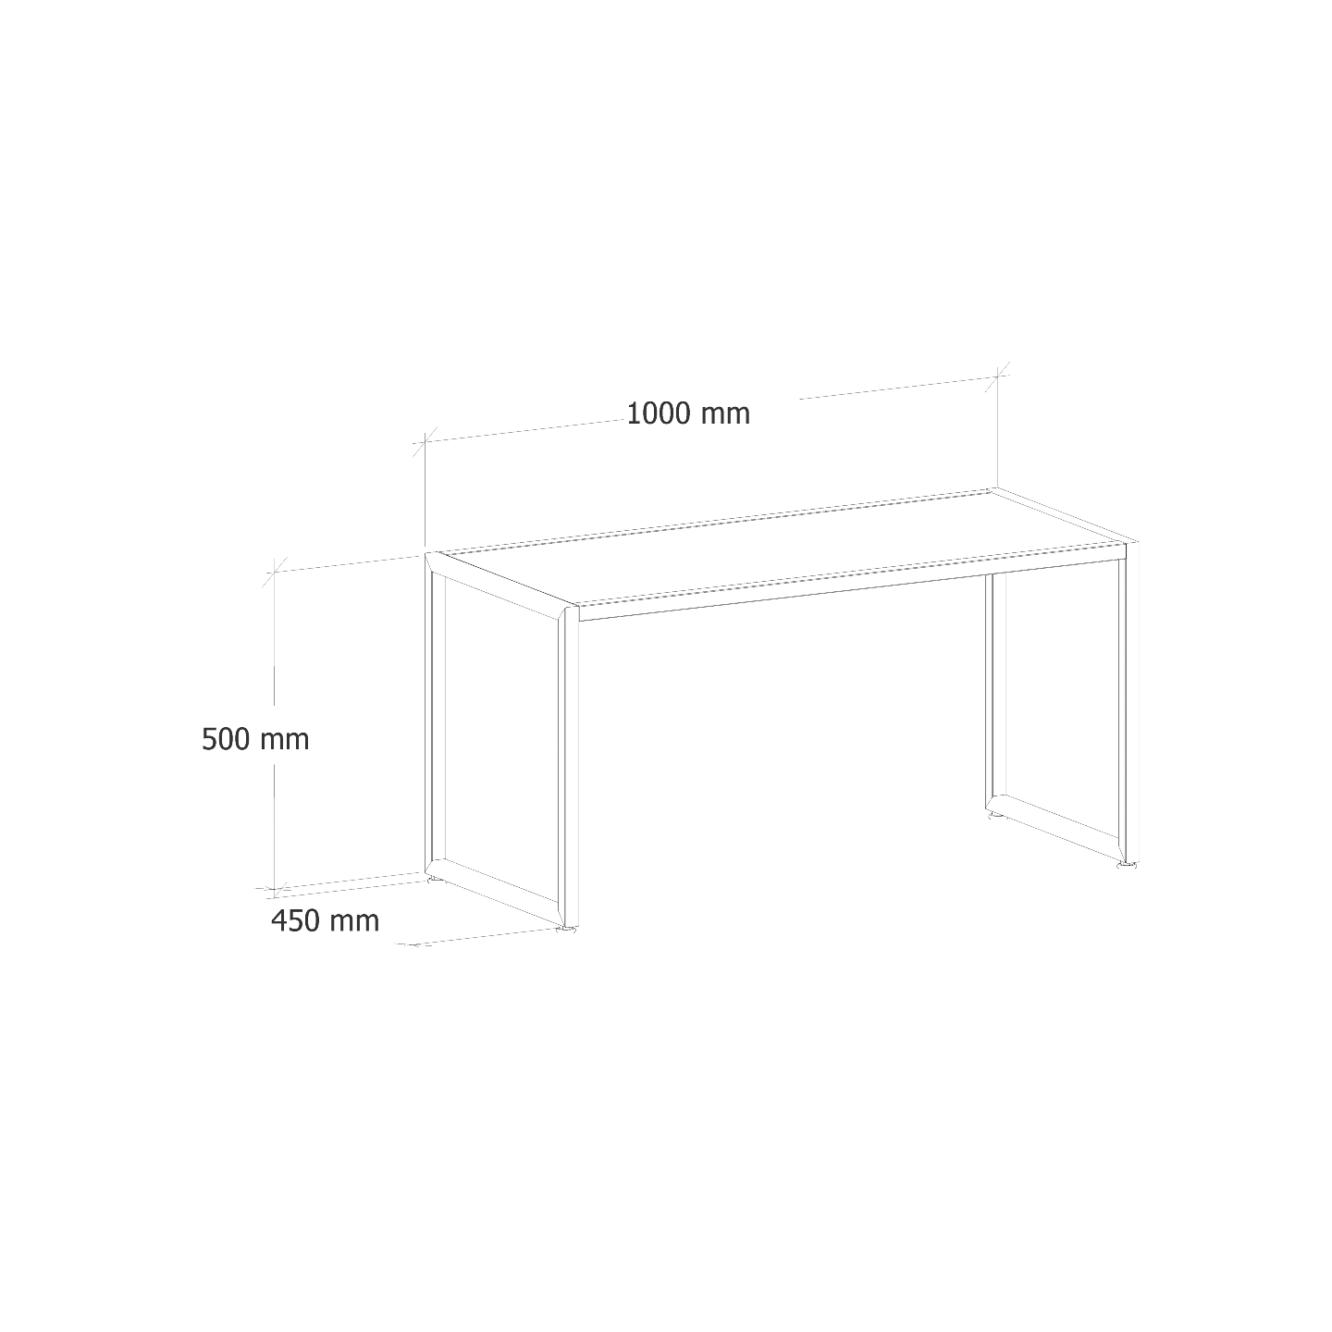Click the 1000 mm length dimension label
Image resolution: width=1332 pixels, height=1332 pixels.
(x=688, y=413)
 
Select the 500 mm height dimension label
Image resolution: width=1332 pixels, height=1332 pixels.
(x=255, y=739)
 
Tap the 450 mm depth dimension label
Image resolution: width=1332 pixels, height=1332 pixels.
(x=325, y=920)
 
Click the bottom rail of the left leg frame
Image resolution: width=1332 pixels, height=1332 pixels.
(x=498, y=892)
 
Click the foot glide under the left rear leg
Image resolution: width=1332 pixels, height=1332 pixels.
(x=434, y=881)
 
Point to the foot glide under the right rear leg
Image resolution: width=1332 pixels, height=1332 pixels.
(x=995, y=819)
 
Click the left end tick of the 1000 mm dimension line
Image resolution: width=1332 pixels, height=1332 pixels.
(x=425, y=441)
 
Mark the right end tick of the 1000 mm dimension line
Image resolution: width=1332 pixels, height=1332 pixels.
(x=997, y=376)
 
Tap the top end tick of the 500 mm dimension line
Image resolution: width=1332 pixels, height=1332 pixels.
(x=275, y=571)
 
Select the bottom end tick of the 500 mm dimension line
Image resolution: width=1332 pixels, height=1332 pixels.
(x=275, y=888)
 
